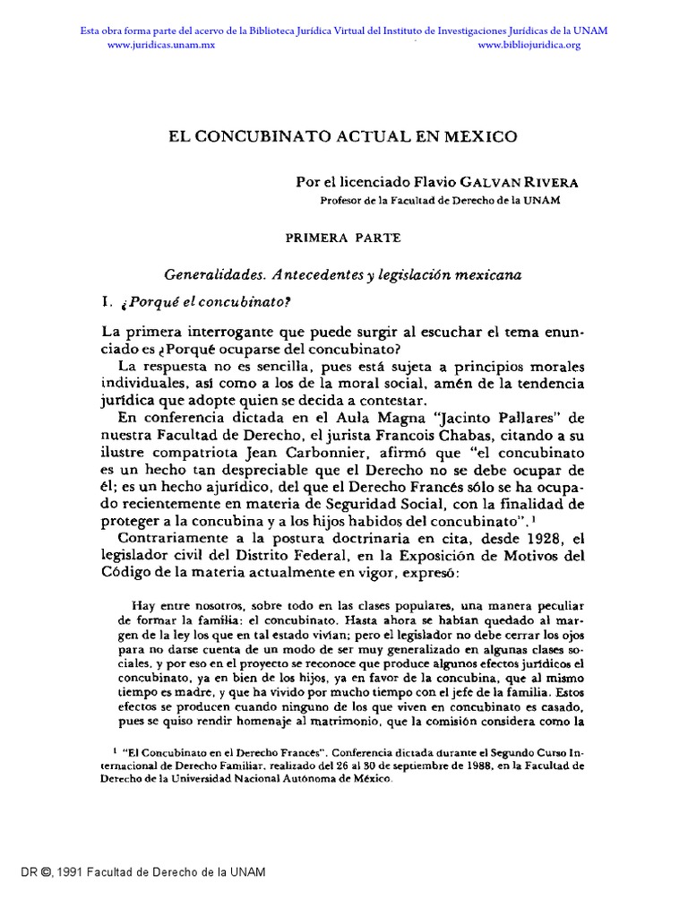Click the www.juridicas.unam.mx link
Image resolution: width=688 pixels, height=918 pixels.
point(161,45)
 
